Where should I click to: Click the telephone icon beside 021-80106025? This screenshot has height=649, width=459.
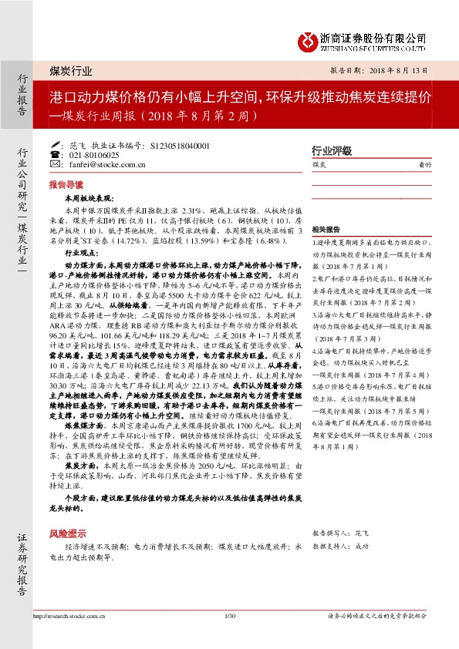pos(54,154)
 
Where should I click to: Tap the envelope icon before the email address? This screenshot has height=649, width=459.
pos(54,164)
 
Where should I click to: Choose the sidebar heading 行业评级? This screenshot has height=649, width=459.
pos(331,150)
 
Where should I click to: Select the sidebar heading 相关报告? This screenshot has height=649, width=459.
pos(326,230)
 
